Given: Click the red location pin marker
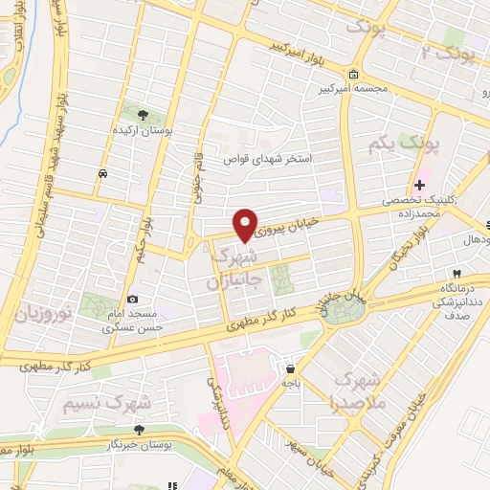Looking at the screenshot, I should [x=246, y=224].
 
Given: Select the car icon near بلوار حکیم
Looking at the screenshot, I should [x=101, y=173].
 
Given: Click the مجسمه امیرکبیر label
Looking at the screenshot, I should [x=356, y=90].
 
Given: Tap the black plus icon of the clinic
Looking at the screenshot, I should [x=420, y=185].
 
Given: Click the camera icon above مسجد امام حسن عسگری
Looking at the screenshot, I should [x=132, y=300].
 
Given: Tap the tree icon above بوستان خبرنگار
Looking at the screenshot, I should [x=140, y=431].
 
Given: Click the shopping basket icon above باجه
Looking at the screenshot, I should [x=289, y=367].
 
